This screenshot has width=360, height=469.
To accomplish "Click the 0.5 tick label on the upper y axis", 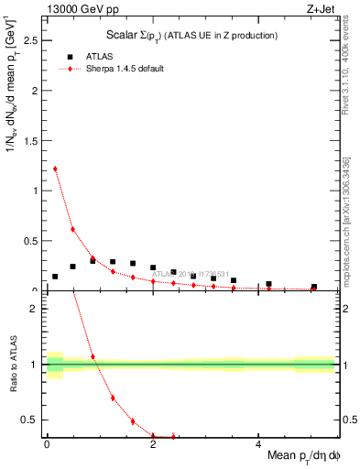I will (x=33, y=241).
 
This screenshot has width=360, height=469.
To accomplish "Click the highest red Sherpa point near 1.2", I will (x=55, y=169).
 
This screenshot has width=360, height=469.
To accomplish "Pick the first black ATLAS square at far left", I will (x=55, y=276).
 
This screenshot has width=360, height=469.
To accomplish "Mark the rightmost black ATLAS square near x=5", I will (x=314, y=287).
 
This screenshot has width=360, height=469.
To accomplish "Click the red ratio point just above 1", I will (x=93, y=356).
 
